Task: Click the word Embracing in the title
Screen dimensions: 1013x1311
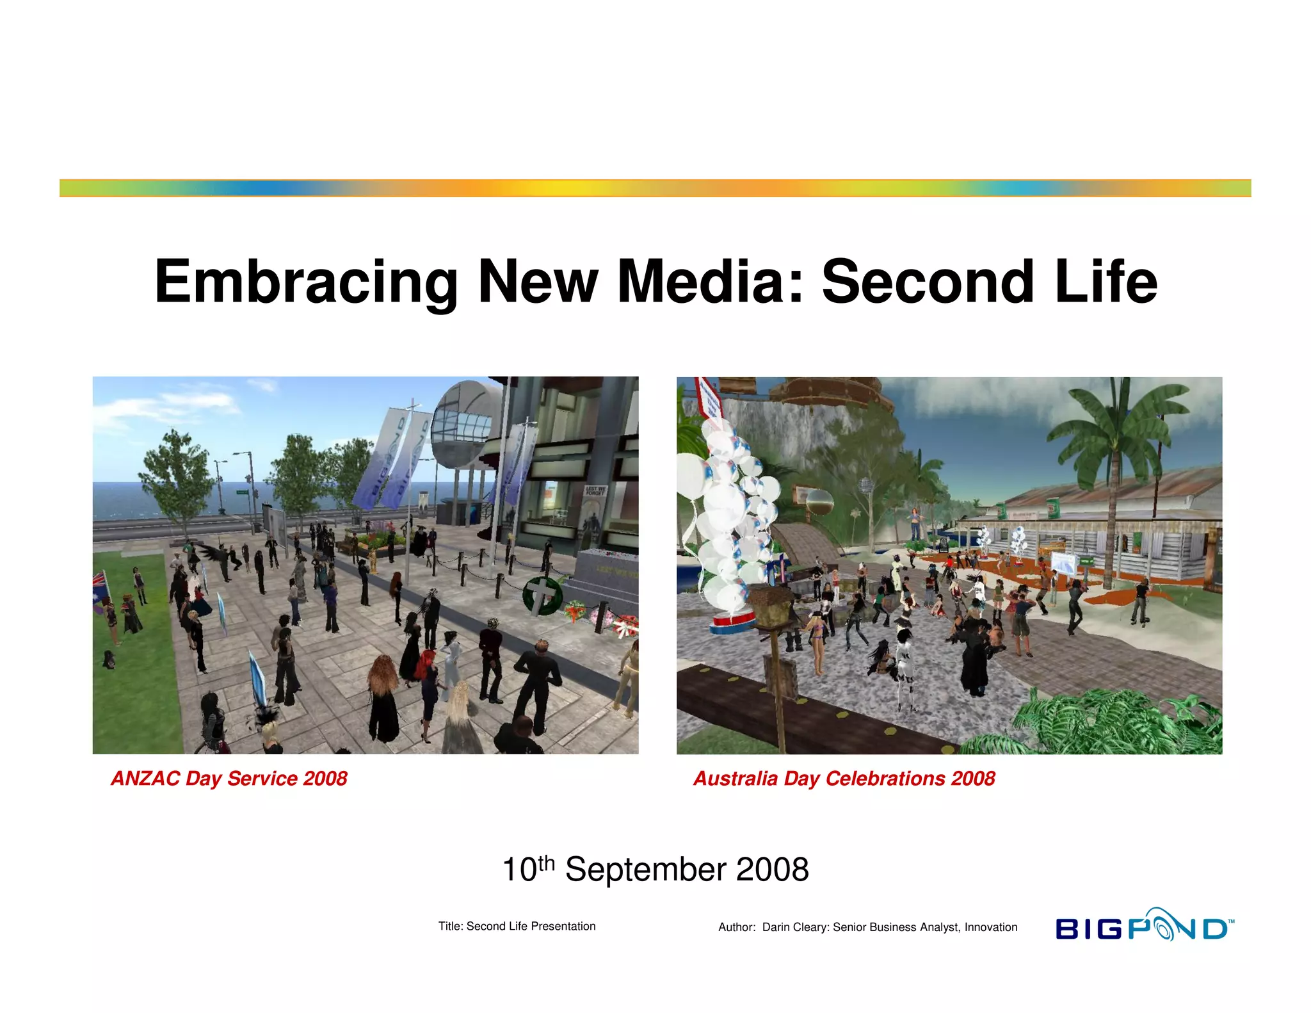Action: pos(306,282)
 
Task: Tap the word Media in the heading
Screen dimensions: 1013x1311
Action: pos(709,282)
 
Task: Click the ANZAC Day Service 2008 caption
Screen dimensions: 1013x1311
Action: pos(229,779)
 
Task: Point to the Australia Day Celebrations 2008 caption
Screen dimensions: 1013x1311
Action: pos(844,779)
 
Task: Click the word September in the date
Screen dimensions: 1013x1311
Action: pos(646,870)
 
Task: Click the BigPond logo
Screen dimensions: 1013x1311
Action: pos(1143,927)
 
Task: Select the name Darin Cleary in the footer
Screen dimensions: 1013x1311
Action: pos(794,927)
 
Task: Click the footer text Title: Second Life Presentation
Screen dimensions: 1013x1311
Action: pos(517,927)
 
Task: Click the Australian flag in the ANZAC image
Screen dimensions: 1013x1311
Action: pos(101,587)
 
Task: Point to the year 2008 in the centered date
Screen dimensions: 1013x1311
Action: pos(773,870)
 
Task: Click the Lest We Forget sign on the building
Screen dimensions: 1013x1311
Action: pos(595,491)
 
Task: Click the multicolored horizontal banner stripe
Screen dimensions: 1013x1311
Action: pos(655,188)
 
